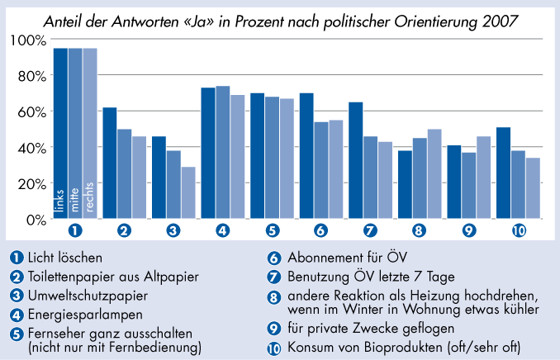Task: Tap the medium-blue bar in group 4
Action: click(x=223, y=152)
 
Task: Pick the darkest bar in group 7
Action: click(x=356, y=160)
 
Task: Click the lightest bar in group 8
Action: click(x=434, y=173)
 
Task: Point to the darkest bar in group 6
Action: click(x=306, y=156)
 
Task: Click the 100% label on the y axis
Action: click(x=26, y=40)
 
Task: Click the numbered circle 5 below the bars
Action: click(x=272, y=231)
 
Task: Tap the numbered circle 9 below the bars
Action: click(x=469, y=231)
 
